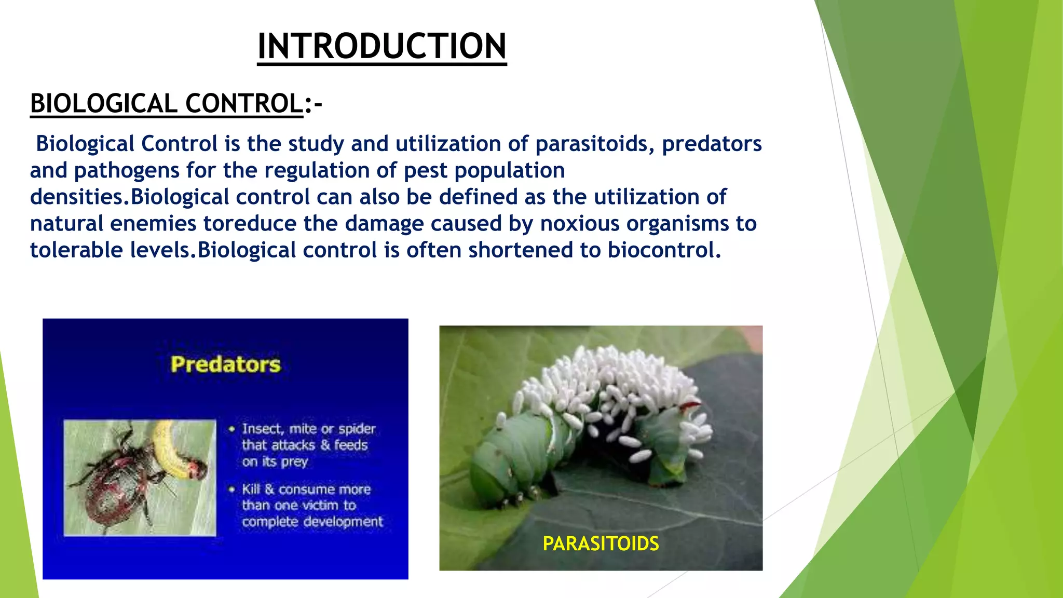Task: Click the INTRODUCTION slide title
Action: pos(381,46)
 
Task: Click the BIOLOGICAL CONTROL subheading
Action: pos(167,103)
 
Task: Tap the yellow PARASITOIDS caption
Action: pos(601,543)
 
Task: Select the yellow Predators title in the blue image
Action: pos(226,364)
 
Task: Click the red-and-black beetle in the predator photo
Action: pos(117,483)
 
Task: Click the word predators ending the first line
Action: pos(712,144)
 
